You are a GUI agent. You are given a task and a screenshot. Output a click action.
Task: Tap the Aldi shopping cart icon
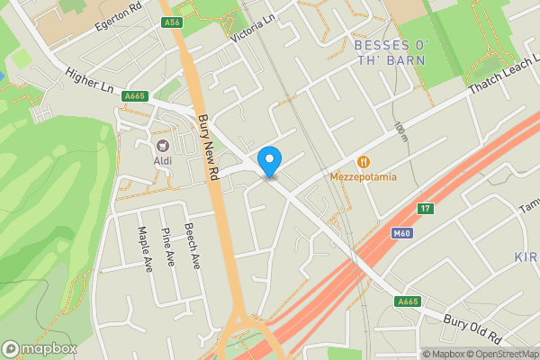pos(163,146)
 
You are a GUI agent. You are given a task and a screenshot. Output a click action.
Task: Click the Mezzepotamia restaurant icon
pos(364,161)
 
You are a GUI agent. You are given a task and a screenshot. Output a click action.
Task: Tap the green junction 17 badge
pos(425,209)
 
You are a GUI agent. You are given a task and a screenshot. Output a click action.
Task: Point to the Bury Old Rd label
pos(472,328)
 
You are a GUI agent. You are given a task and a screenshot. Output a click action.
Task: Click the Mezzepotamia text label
pos(364,176)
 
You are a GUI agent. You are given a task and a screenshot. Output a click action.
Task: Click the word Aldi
pos(163,161)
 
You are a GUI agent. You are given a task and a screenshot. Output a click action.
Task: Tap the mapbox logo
pos(39,348)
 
